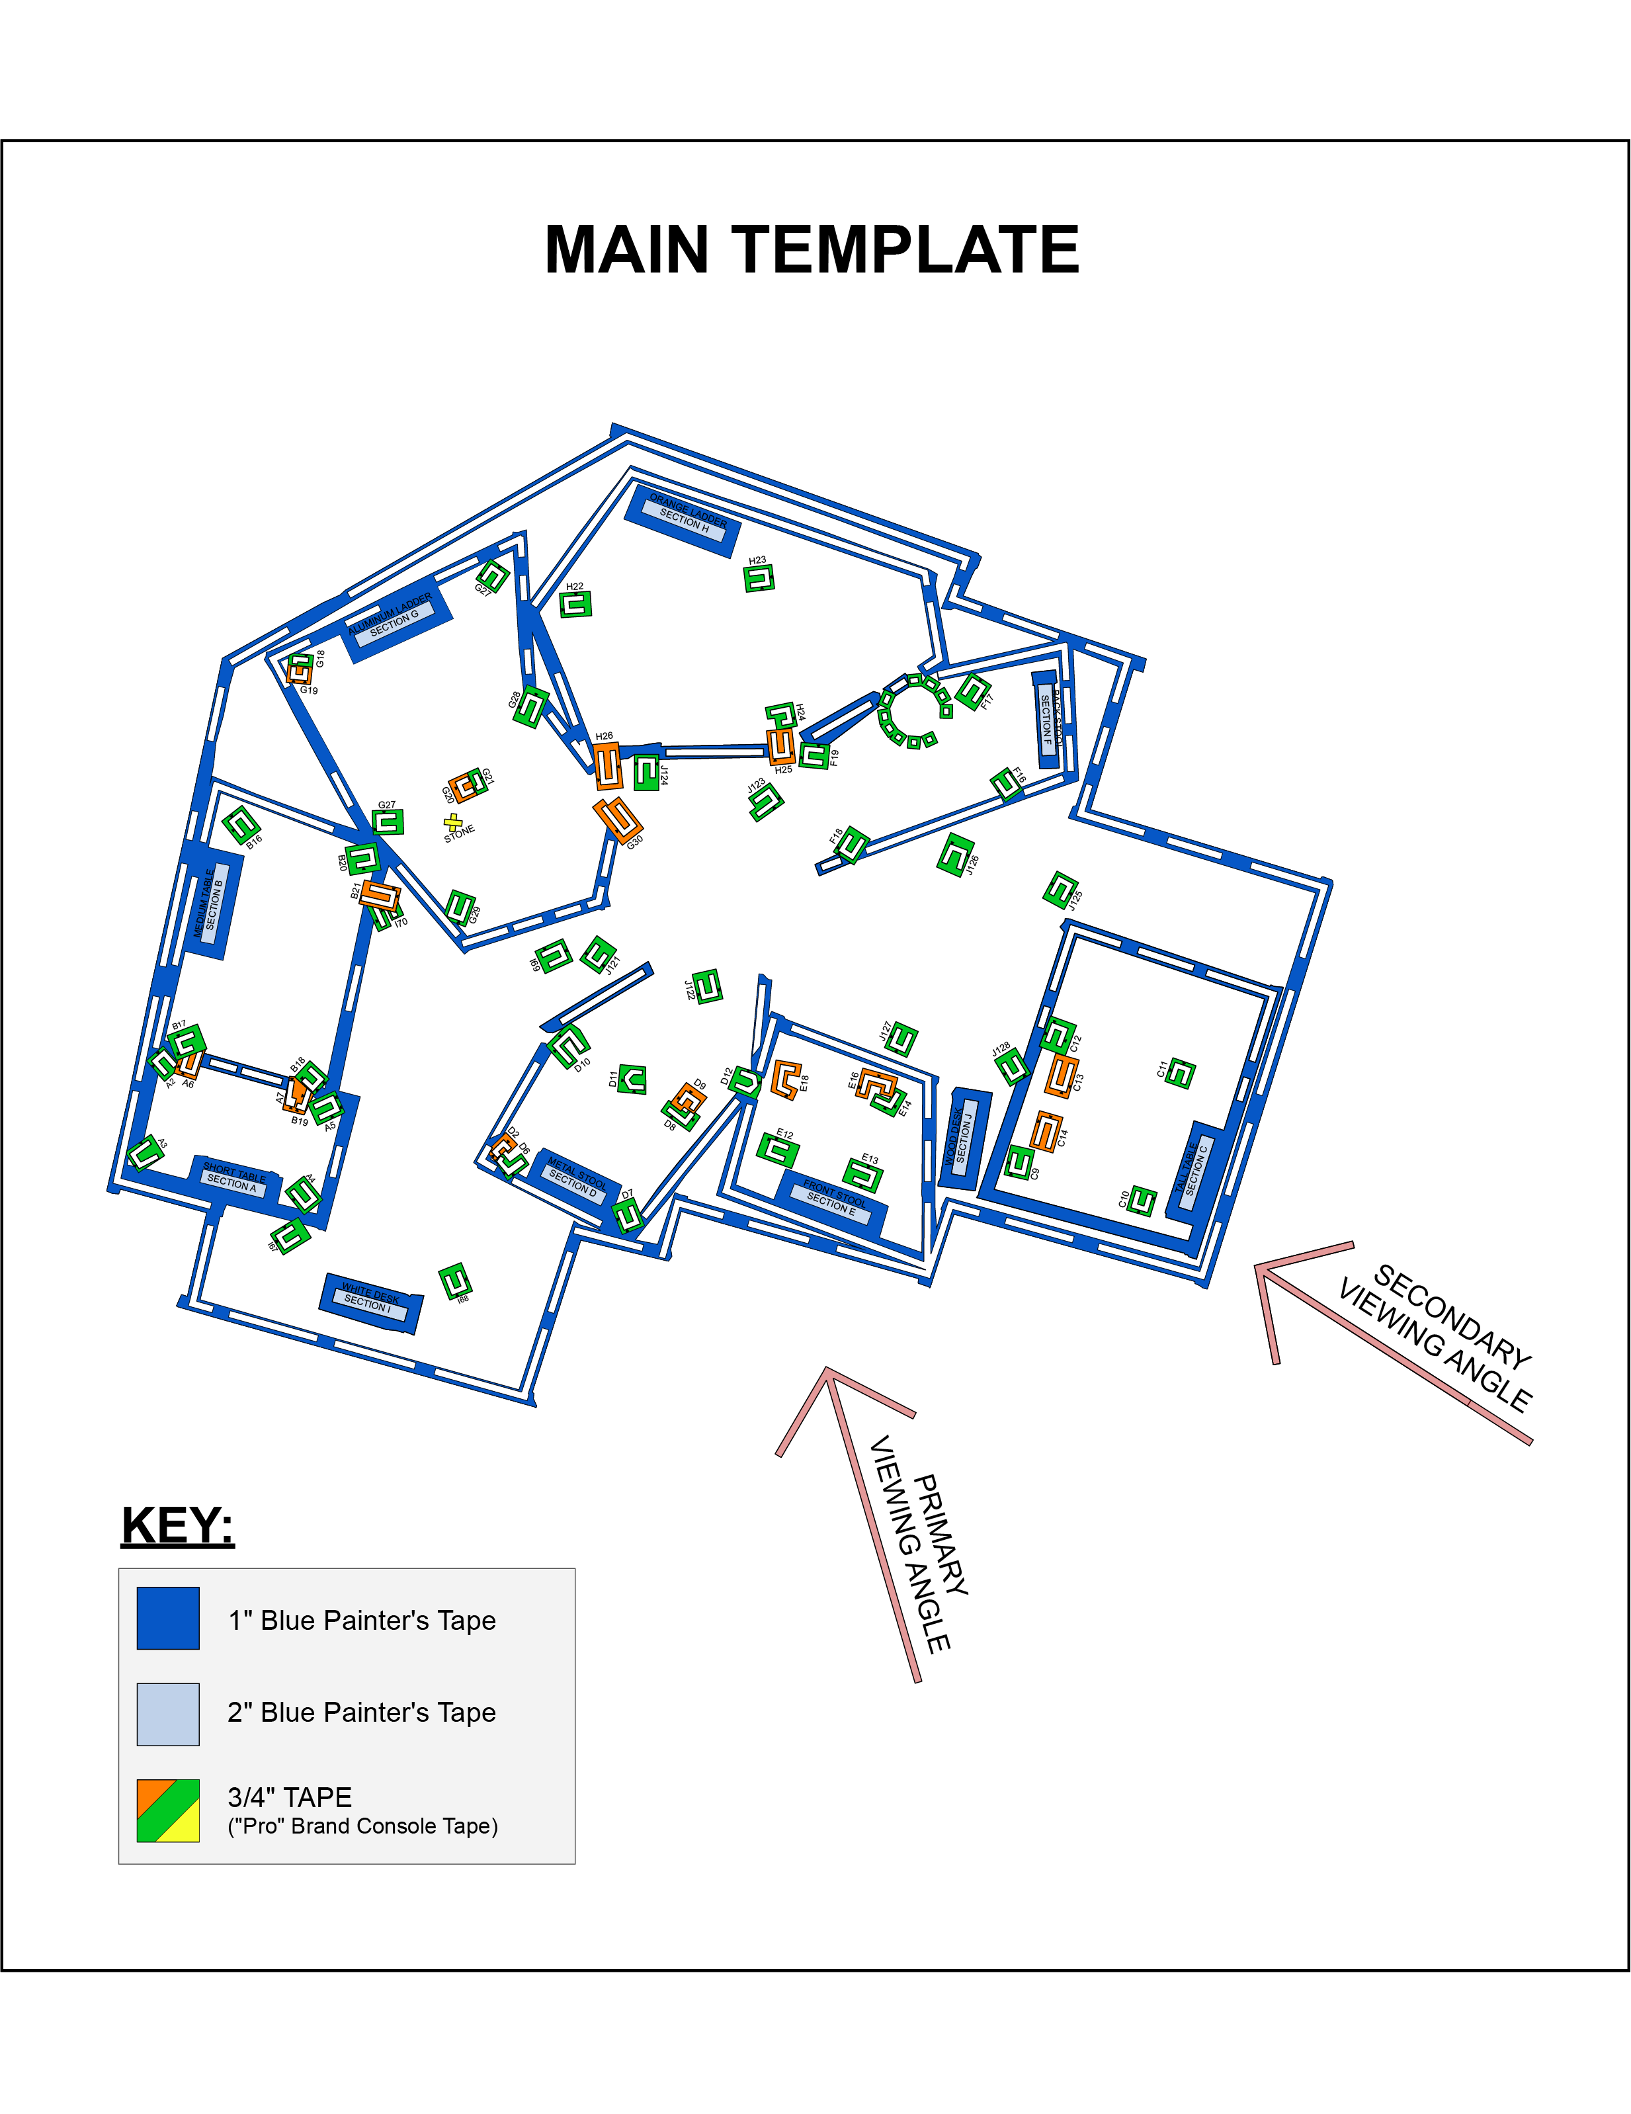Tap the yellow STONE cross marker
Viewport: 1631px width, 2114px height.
tap(452, 821)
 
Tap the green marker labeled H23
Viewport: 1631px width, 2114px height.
tap(759, 579)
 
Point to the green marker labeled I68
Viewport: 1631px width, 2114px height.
tap(455, 1281)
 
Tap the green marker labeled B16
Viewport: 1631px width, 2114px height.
tap(241, 825)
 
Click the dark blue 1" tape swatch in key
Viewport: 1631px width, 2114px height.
tap(169, 1617)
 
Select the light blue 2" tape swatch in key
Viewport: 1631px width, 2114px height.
tap(169, 1714)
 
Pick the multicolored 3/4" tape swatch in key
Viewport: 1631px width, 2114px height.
tap(169, 1810)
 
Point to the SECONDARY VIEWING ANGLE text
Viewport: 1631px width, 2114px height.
tap(1437, 1339)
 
